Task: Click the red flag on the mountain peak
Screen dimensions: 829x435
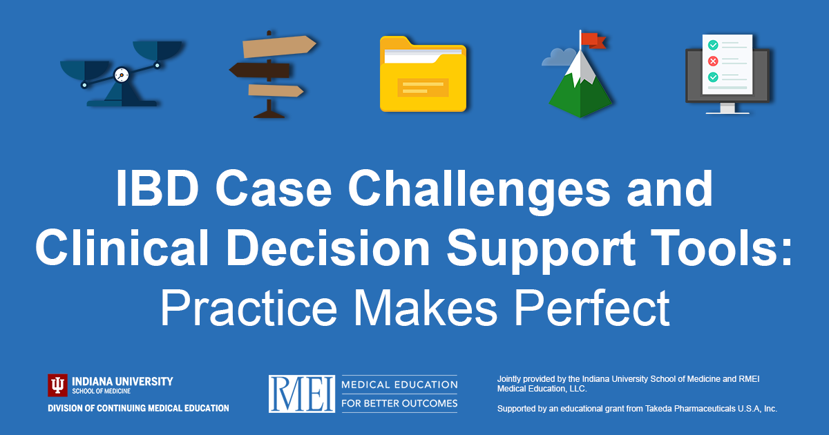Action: point(593,41)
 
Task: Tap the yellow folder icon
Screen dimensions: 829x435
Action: point(423,74)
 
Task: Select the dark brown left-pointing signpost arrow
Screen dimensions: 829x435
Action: point(260,70)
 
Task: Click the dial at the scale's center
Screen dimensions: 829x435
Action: point(122,75)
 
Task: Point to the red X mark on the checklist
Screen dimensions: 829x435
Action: point(713,61)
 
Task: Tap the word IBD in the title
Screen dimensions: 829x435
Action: point(158,188)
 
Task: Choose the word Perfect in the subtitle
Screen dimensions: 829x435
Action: point(592,308)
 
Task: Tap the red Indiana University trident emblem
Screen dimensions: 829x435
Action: point(57,385)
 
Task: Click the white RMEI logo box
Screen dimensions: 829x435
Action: point(302,394)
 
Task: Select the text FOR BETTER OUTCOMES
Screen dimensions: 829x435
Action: point(399,403)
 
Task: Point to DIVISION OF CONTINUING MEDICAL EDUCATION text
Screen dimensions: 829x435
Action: point(138,408)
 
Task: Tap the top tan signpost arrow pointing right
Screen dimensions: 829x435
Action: point(279,47)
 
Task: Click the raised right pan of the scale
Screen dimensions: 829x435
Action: point(158,50)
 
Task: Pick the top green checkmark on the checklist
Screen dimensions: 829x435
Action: point(713,45)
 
